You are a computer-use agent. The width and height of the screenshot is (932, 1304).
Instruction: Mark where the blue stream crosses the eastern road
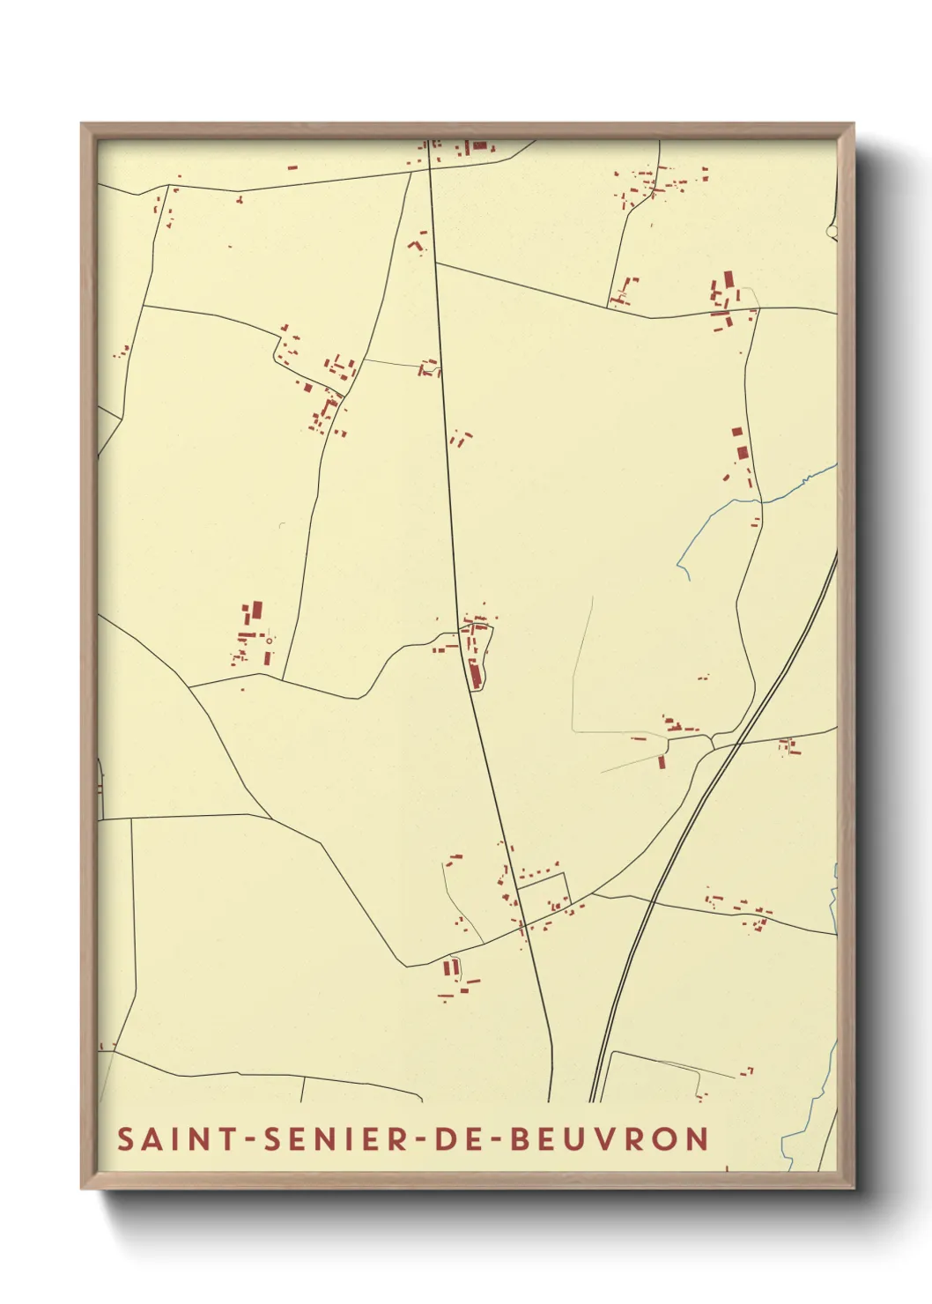coord(760,501)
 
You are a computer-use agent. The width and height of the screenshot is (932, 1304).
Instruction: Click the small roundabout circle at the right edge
coord(832,232)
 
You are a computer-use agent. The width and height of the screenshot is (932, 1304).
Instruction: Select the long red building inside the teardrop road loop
coord(474,673)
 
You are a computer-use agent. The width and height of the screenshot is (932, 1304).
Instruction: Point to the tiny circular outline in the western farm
coord(269,641)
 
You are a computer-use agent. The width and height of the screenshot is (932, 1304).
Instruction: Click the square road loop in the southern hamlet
coord(544,890)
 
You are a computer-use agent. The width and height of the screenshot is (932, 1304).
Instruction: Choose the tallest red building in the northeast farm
coord(729,281)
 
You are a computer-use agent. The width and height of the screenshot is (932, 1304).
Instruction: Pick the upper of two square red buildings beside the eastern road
coord(737,433)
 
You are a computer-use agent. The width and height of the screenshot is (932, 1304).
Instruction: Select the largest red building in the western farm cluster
coord(257,609)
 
